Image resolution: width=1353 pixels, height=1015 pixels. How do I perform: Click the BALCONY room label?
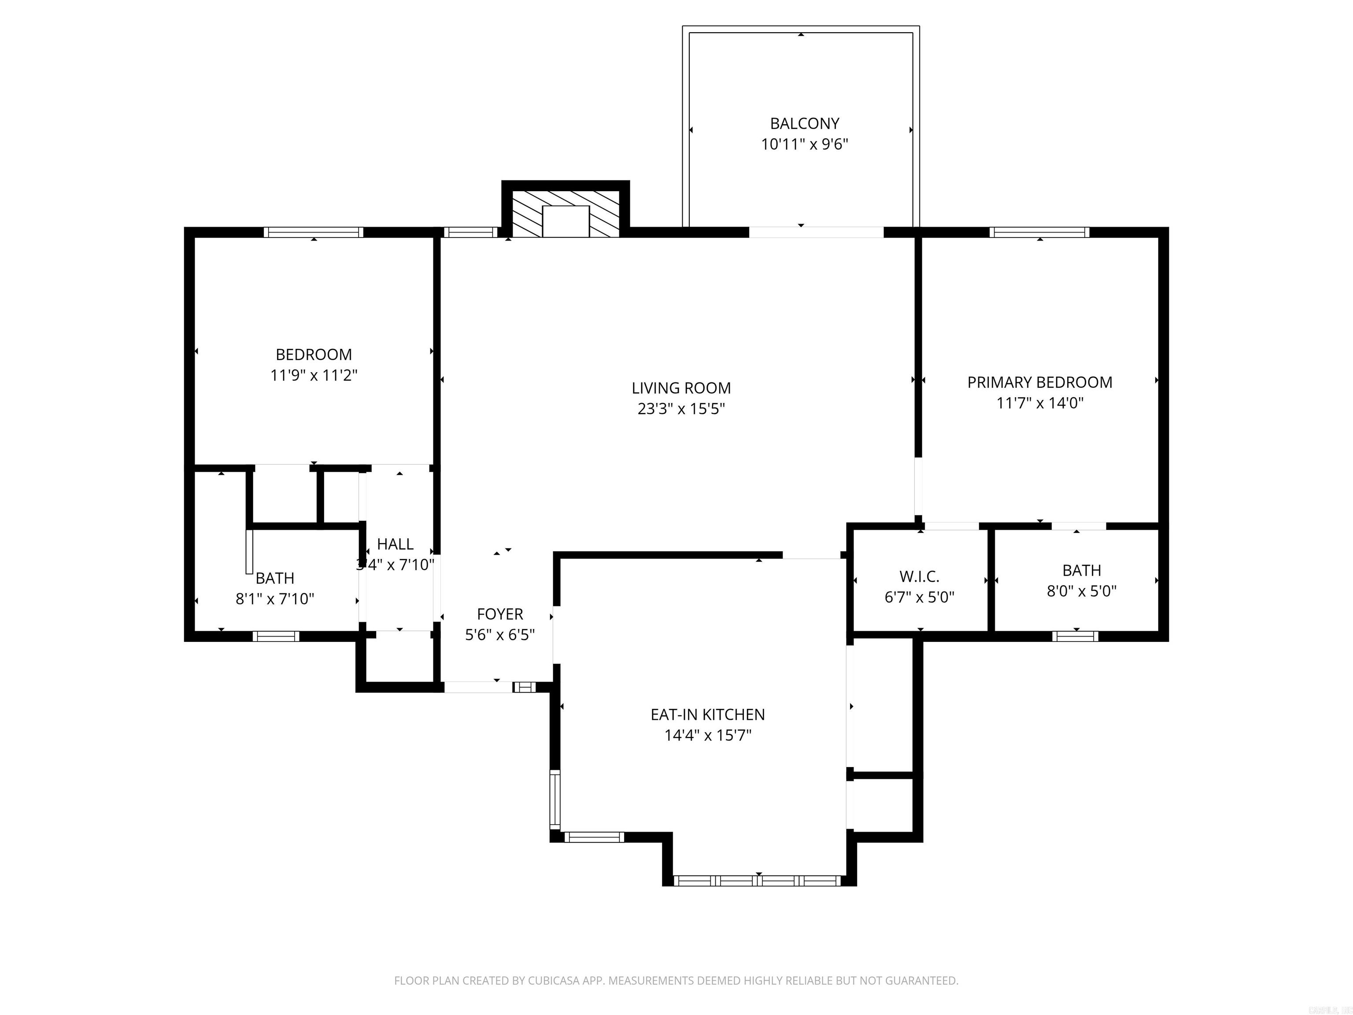pos(804,124)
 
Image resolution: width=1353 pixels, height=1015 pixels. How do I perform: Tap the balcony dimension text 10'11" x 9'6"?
pos(804,145)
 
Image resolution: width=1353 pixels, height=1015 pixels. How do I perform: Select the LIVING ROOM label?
pos(681,388)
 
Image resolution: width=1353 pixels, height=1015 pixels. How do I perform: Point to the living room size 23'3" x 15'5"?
pos(681,409)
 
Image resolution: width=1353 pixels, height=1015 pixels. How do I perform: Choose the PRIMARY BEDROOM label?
pos(1039,382)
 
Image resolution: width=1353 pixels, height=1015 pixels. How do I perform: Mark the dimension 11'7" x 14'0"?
pos(1039,403)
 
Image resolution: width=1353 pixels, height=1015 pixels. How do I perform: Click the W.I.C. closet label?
pos(919,576)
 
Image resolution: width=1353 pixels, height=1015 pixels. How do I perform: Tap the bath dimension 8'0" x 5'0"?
pos(1081,591)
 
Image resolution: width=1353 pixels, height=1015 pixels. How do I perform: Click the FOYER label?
pos(500,614)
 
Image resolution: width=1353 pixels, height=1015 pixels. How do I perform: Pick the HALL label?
pos(395,544)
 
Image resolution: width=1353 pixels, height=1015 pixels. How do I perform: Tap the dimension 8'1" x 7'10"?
pos(275,599)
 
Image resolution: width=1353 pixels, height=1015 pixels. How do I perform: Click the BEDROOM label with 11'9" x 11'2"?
pos(313,355)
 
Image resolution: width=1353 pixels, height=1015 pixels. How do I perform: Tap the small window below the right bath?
pos(1075,636)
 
